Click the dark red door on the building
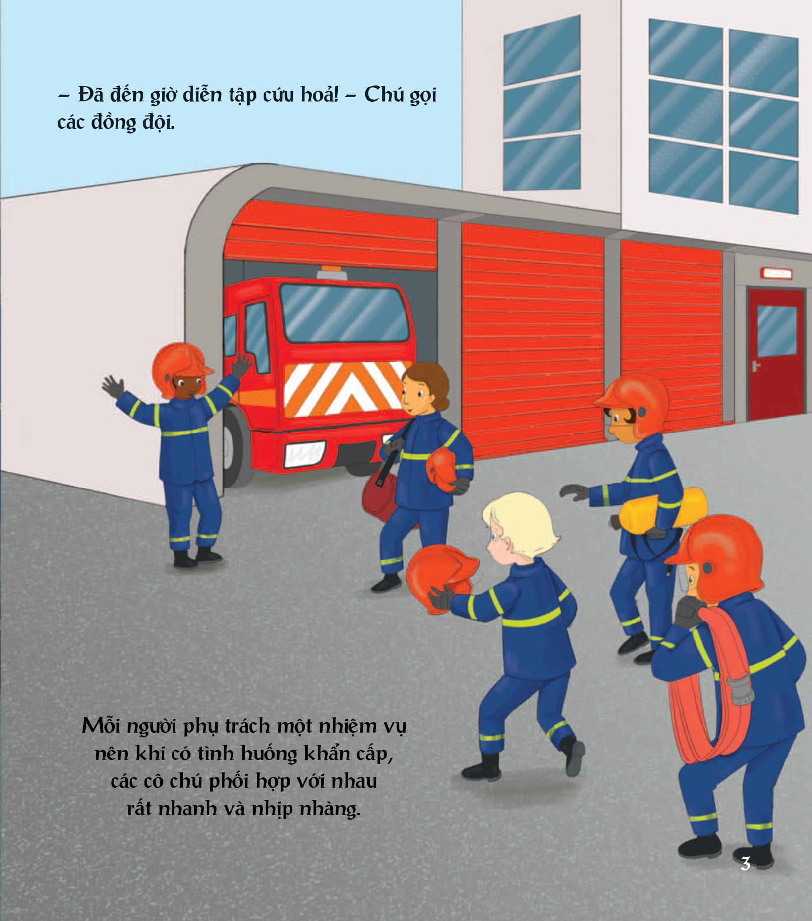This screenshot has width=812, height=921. [775, 355]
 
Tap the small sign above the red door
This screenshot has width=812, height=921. [776, 272]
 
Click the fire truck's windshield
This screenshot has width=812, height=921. [345, 314]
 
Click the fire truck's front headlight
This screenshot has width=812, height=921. [305, 453]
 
